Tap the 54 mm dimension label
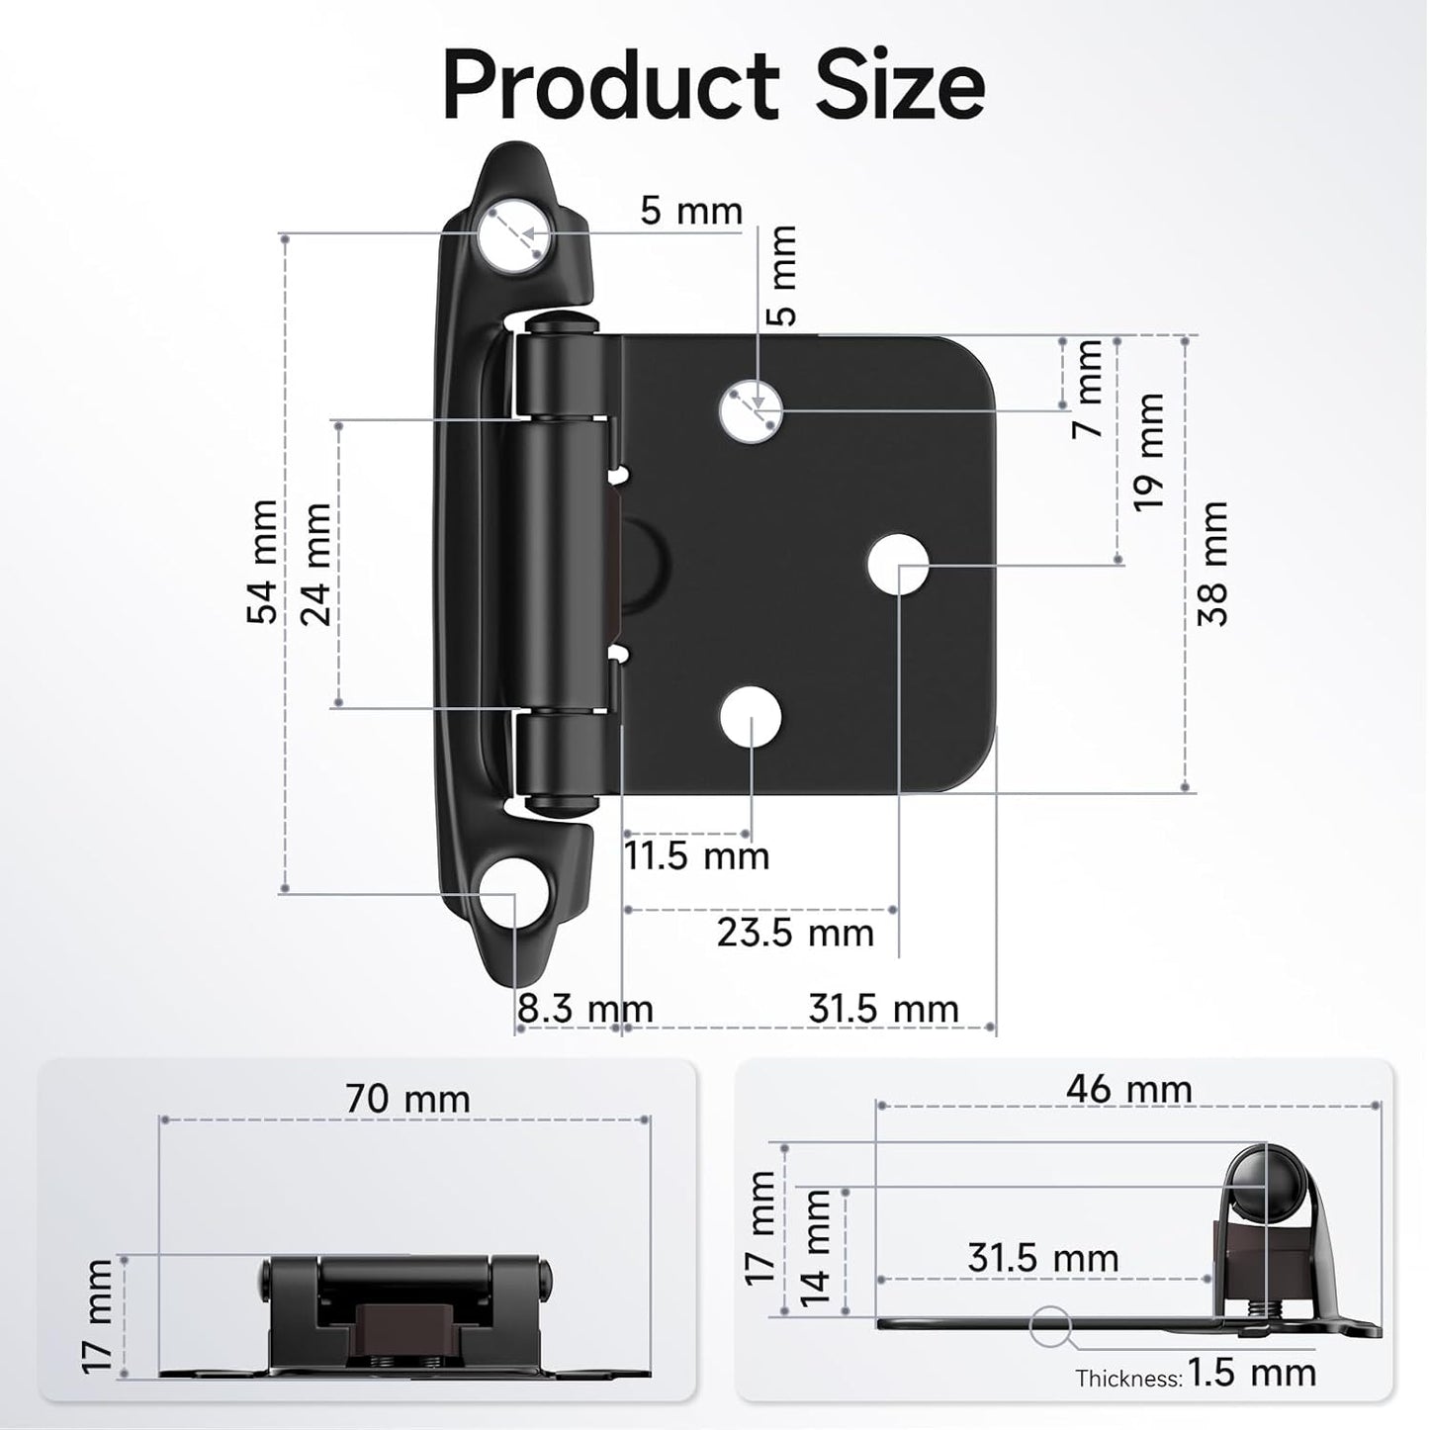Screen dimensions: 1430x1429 (263, 562)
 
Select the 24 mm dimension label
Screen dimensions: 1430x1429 (317, 564)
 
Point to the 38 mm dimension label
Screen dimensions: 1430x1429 (1212, 564)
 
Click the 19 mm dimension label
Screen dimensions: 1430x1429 (1149, 451)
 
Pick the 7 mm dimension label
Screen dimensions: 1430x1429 (1089, 389)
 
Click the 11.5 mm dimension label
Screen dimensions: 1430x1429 (696, 855)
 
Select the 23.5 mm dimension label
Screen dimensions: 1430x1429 (795, 933)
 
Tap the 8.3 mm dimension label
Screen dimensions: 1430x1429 (584, 1010)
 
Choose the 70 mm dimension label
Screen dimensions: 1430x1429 (407, 1099)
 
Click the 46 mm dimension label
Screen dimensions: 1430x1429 (1128, 1090)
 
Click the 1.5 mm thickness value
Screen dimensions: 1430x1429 (1252, 1373)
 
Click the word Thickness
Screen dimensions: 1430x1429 (1128, 1378)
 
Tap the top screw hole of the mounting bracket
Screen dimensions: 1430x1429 (515, 237)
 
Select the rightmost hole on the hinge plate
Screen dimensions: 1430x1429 (898, 566)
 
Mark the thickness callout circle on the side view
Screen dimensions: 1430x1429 (1051, 1326)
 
